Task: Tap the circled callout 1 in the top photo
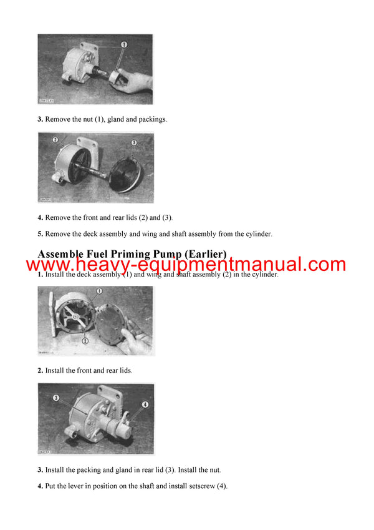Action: (x=123, y=45)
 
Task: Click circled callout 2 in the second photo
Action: (x=55, y=140)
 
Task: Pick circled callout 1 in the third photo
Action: (x=99, y=291)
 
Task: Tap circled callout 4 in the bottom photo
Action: (x=145, y=404)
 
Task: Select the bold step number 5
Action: (x=40, y=234)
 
